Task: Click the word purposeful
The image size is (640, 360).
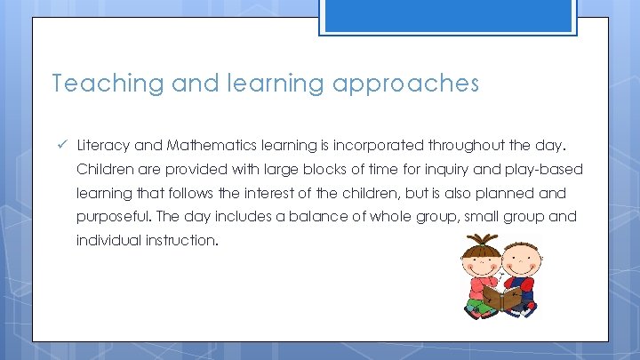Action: [x=113, y=217]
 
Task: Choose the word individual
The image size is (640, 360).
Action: [x=106, y=241]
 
